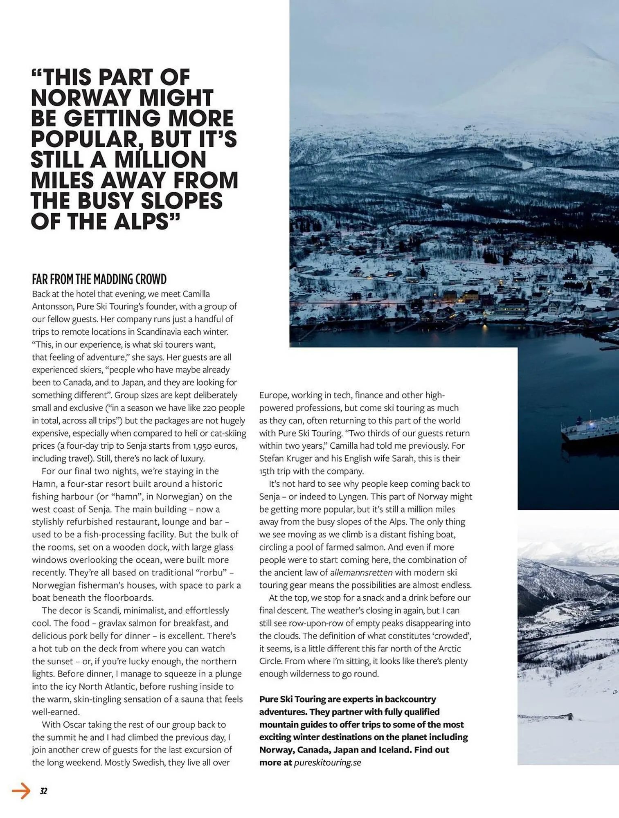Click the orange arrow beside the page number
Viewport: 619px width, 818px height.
(21, 791)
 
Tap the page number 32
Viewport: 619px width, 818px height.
(43, 791)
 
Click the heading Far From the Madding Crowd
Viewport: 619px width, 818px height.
(99, 279)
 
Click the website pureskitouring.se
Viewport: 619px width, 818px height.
(327, 762)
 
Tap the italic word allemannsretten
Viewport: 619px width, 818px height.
(361, 573)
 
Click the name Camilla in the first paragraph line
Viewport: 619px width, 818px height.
(196, 294)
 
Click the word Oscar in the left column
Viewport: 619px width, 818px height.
(73, 725)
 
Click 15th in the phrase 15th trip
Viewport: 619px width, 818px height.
(267, 471)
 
